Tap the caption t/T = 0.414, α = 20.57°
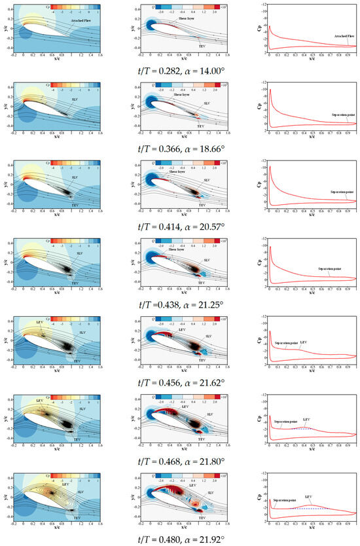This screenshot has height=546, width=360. [x=180, y=226]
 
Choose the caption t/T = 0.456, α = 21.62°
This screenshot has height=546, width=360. [x=180, y=382]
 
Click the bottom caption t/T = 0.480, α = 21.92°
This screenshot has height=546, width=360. [x=180, y=539]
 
